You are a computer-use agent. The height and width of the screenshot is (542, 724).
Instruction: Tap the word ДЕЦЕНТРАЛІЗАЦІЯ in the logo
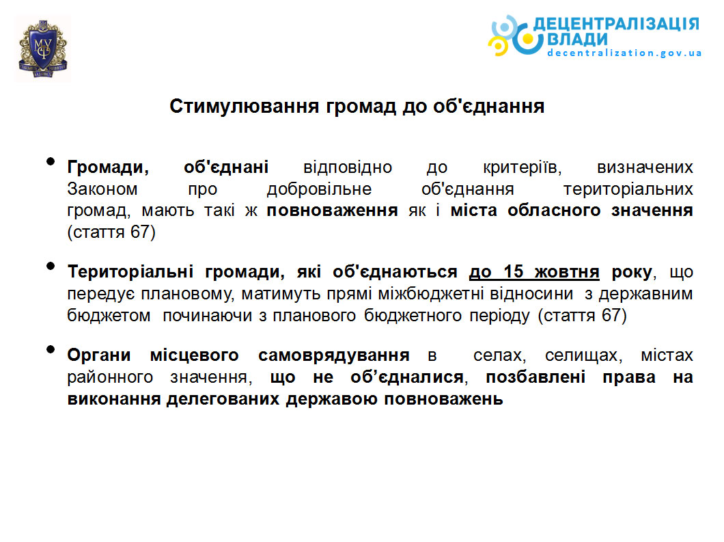click(x=616, y=24)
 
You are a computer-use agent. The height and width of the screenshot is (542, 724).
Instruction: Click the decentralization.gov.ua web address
click(x=624, y=53)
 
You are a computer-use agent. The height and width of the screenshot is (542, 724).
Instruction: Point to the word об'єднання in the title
click(x=488, y=107)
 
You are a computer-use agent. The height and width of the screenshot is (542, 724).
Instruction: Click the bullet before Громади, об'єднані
click(x=51, y=162)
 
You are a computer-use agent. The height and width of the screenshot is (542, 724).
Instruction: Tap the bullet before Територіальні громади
click(x=51, y=266)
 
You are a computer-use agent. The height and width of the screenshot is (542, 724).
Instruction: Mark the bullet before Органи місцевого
click(x=51, y=350)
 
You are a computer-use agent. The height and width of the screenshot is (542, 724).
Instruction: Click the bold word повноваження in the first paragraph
click(x=332, y=211)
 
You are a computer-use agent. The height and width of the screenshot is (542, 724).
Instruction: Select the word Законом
click(x=102, y=189)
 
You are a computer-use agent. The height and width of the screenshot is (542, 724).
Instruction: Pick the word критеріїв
click(x=523, y=167)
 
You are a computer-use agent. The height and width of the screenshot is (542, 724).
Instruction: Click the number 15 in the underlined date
click(x=513, y=272)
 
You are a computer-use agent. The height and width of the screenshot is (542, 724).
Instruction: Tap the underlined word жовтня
click(x=567, y=272)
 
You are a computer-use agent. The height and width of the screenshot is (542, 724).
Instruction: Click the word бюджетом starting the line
click(x=109, y=316)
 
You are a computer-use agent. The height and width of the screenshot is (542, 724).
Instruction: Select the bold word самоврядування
click(x=334, y=355)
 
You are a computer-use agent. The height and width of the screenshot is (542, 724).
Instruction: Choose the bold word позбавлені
click(x=535, y=377)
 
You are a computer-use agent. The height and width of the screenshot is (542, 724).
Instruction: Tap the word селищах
click(x=583, y=355)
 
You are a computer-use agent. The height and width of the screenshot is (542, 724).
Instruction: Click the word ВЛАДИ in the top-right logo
click(x=577, y=40)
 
